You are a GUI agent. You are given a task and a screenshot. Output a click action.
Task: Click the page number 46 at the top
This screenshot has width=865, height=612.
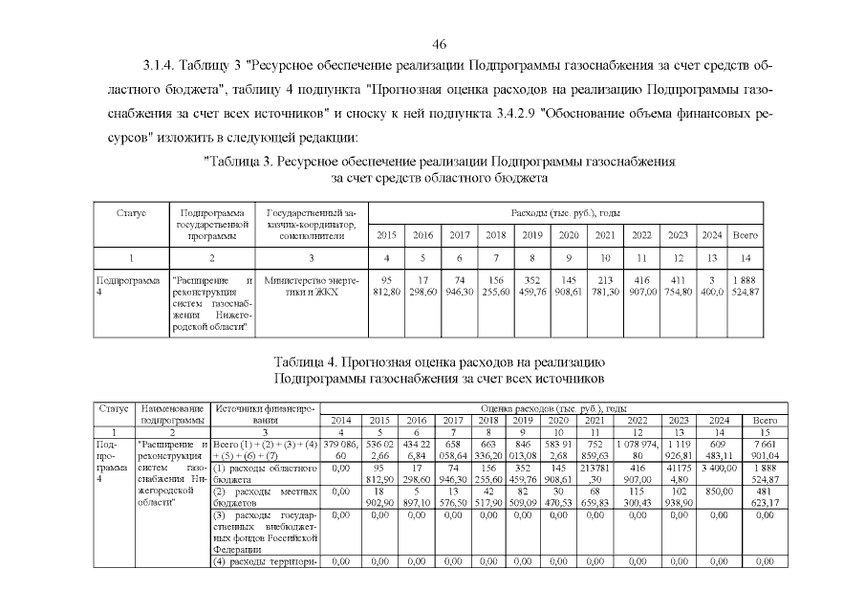(x=440, y=45)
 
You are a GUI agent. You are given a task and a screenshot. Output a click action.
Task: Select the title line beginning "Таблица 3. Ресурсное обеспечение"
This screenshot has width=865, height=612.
(x=441, y=162)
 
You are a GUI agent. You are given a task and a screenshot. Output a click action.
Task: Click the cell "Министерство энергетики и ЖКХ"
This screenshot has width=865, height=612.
(x=311, y=286)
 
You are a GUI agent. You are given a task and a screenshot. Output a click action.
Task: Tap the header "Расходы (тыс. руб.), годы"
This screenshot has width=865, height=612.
(x=566, y=211)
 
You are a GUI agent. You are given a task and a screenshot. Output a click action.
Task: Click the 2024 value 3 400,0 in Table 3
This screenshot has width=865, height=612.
(x=711, y=286)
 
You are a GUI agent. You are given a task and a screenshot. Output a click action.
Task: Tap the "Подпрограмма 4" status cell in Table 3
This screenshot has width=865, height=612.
(x=129, y=286)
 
